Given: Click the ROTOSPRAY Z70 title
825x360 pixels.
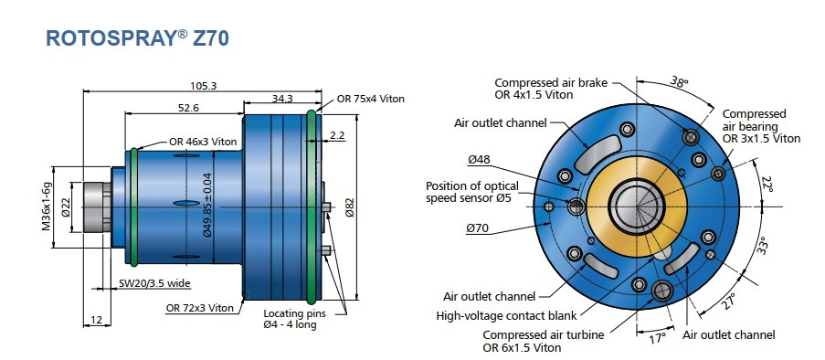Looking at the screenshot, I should (x=137, y=37).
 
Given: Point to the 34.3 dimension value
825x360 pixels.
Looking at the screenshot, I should (x=281, y=98).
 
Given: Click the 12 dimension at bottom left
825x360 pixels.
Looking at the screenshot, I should (x=97, y=320).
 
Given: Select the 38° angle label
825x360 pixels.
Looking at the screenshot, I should (x=679, y=81).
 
